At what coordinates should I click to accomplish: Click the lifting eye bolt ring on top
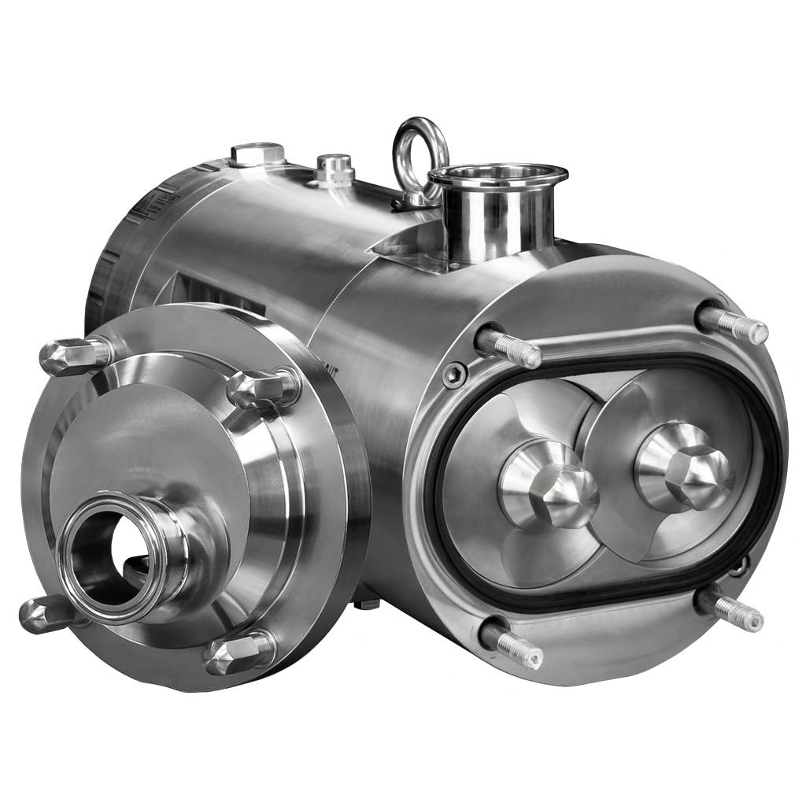(420, 150)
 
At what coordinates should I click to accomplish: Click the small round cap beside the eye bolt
(335, 167)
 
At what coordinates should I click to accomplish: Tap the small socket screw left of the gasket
(454, 375)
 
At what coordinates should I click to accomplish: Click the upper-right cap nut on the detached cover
(263, 386)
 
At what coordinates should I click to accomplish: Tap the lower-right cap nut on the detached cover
(238, 653)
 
